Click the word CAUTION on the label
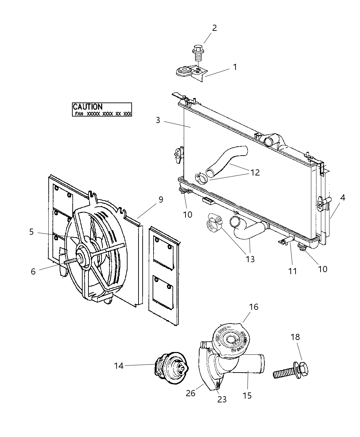click(x=87, y=107)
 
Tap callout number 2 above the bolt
click(x=214, y=28)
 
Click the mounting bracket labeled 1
click(x=192, y=72)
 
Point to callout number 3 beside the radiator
click(x=158, y=120)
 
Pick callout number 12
click(x=255, y=172)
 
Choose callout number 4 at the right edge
click(x=343, y=197)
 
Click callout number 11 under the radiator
click(x=292, y=271)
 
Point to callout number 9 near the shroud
click(x=160, y=199)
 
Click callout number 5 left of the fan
click(x=31, y=232)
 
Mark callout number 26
click(x=191, y=393)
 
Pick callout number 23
click(x=222, y=399)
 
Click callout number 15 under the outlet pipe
click(x=247, y=396)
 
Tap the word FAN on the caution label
click(x=79, y=113)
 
